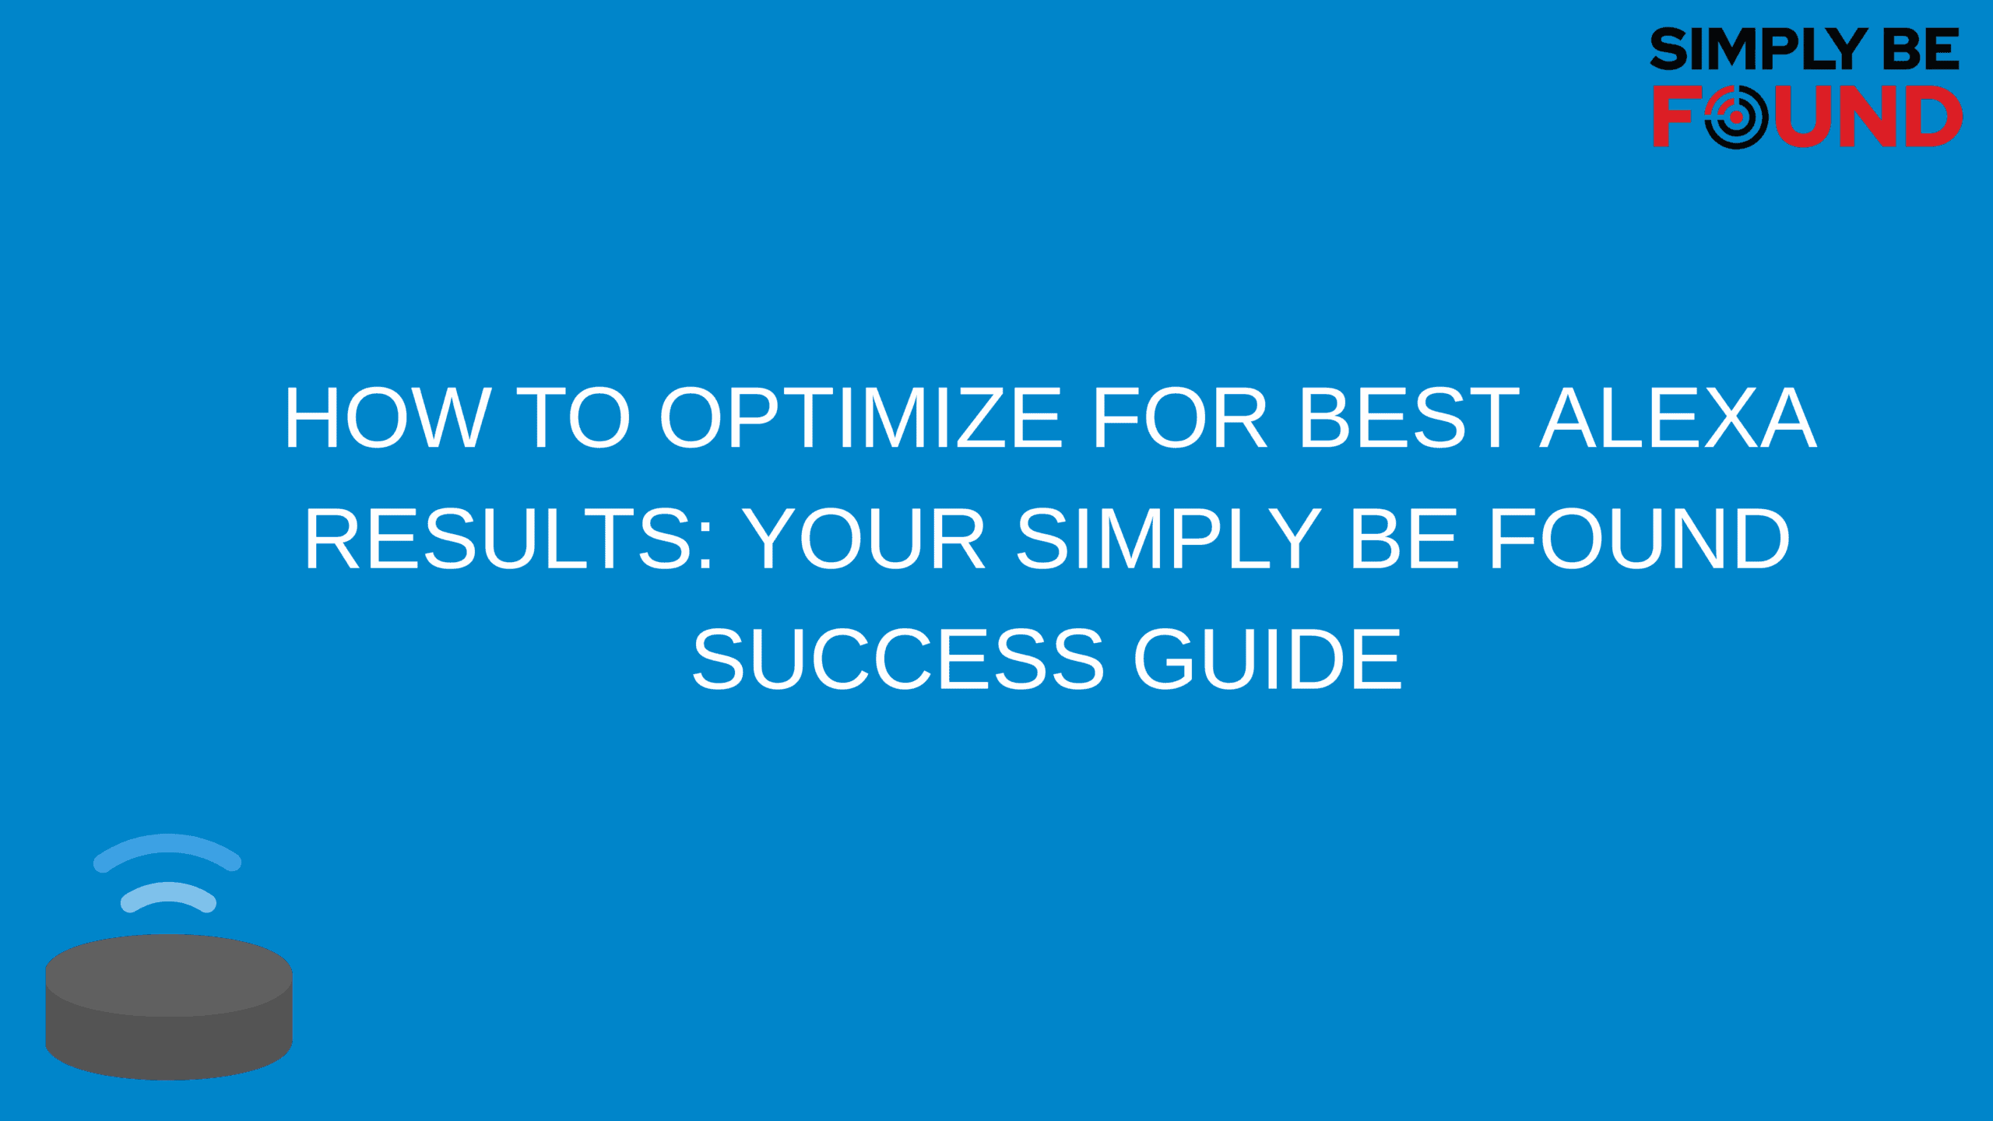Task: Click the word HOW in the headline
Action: click(x=388, y=418)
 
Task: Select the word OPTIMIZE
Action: click(x=861, y=418)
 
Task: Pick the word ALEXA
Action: click(x=1678, y=418)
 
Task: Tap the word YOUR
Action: click(x=865, y=539)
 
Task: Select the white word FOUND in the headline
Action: click(x=1640, y=539)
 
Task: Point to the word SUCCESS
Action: click(x=898, y=659)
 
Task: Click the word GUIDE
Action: click(x=1267, y=659)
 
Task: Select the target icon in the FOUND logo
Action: click(x=1736, y=117)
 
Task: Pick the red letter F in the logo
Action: click(x=1675, y=117)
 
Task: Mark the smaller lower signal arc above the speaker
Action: click(x=168, y=892)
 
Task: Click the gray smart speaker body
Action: click(x=169, y=1007)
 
